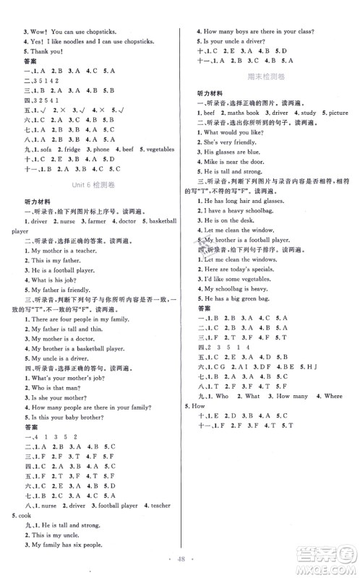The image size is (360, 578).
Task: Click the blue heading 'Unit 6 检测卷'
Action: click(x=93, y=186)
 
